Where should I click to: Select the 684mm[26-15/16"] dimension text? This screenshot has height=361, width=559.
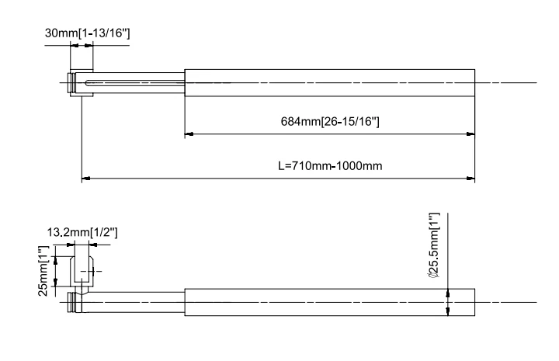pos(329,122)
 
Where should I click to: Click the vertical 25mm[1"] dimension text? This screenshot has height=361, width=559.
pos(45,270)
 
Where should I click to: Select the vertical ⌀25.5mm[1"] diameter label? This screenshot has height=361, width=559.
pos(434,246)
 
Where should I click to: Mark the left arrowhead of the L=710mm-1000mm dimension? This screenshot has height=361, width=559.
pos(85,179)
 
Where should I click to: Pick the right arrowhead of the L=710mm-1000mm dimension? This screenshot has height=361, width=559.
pos(471,179)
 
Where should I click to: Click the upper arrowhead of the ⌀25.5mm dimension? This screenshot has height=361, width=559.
pos(448,293)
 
